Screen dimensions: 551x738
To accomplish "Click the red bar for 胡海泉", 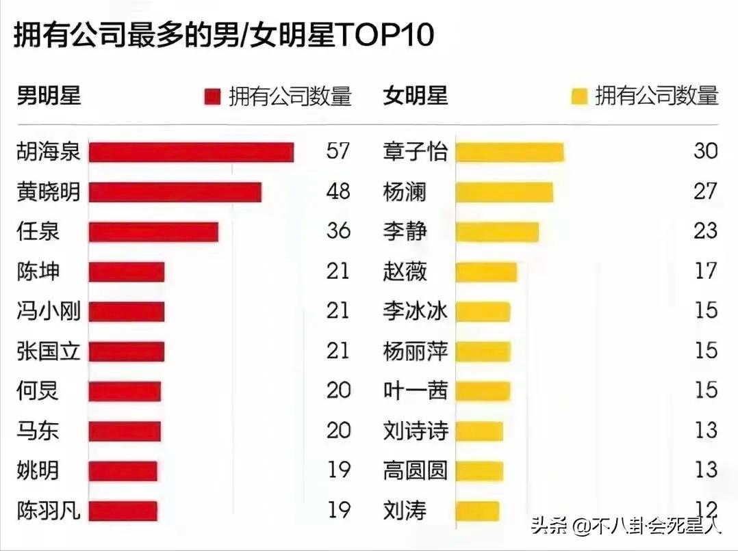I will pyautogui.click(x=191, y=152).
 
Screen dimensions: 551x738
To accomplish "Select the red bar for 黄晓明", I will pyautogui.click(x=175, y=192).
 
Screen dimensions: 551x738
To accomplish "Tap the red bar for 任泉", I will pyautogui.click(x=153, y=232).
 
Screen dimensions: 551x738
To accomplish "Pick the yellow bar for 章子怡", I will pyautogui.click(x=509, y=152).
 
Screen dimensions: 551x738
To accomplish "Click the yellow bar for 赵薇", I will pyautogui.click(x=486, y=272).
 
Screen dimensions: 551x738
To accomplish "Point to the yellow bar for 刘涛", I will pyautogui.click(x=477, y=511).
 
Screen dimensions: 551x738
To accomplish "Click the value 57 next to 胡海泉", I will pyautogui.click(x=338, y=151).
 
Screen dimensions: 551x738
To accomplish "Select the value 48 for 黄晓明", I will pyautogui.click(x=338, y=191).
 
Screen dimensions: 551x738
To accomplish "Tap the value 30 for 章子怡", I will pyautogui.click(x=705, y=151).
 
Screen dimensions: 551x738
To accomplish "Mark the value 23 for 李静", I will pyautogui.click(x=705, y=231).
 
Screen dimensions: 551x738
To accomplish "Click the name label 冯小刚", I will pyautogui.click(x=49, y=312).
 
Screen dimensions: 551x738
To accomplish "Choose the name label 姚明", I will pyautogui.click(x=38, y=470).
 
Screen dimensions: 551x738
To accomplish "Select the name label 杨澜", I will pyautogui.click(x=405, y=192).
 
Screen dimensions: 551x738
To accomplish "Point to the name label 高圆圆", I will pyautogui.click(x=415, y=470).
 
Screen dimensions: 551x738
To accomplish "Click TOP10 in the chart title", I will pyautogui.click(x=385, y=36).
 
